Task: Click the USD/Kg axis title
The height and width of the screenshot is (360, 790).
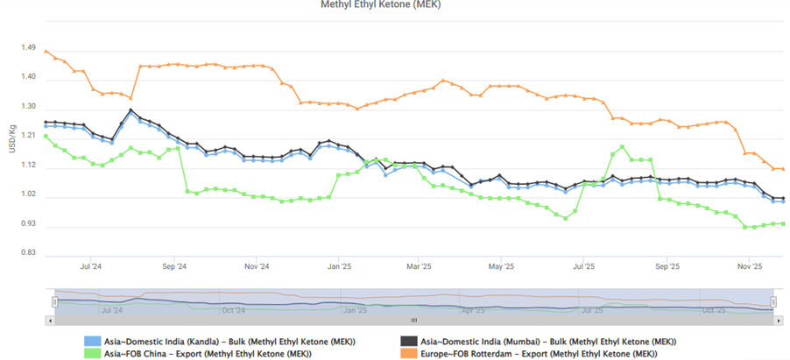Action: point(11,139)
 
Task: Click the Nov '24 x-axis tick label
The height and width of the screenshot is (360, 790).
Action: point(256,265)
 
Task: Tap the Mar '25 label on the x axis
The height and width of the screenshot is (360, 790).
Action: point(420,265)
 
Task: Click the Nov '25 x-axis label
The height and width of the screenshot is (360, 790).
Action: point(749,265)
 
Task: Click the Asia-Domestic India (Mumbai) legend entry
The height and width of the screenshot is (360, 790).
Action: point(547,342)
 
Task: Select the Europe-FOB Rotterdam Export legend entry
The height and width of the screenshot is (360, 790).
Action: point(538,354)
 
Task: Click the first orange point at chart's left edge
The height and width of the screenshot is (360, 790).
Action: point(46,51)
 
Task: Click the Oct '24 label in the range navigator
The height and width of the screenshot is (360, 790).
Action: point(233,310)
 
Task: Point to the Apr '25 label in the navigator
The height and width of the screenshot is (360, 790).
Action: point(473,310)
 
